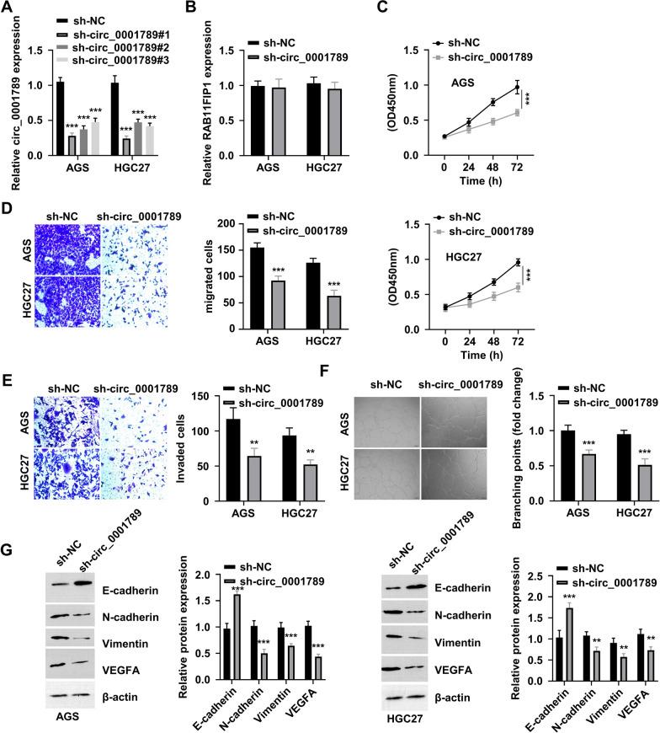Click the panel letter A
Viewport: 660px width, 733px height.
tap(8, 9)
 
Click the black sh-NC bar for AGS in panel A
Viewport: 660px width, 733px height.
tap(59, 119)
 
